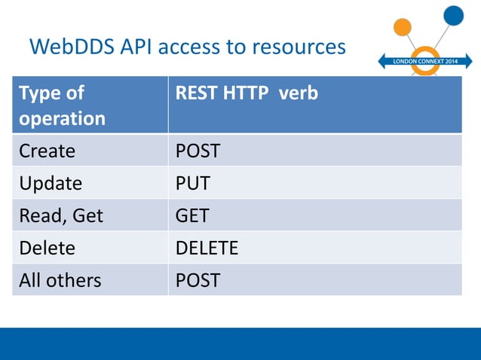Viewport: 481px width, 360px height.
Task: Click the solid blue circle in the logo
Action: click(x=454, y=14)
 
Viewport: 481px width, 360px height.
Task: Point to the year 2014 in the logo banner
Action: click(x=450, y=60)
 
